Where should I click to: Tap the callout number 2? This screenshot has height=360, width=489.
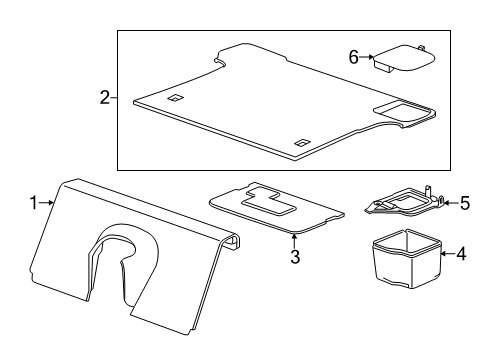pyautogui.click(x=104, y=98)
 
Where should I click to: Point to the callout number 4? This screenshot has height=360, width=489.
pyautogui.click(x=460, y=254)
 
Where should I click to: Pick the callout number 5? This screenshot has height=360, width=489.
pyautogui.click(x=464, y=203)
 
